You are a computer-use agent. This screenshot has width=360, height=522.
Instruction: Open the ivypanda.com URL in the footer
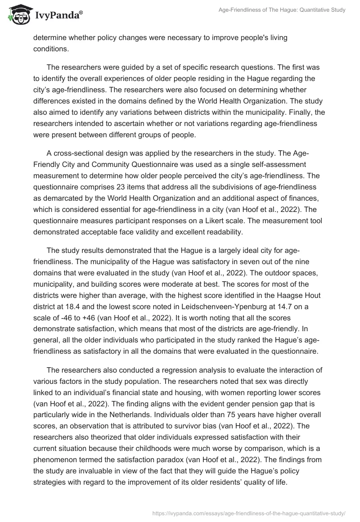[x=249, y=513]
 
